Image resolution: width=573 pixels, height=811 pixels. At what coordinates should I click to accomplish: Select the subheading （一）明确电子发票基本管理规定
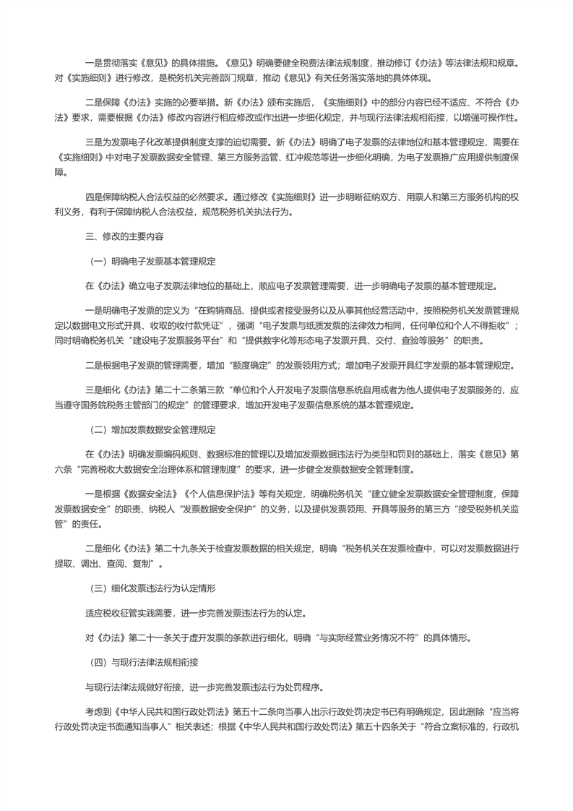coord(151,260)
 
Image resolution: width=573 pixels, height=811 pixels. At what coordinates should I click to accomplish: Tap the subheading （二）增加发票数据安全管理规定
coord(151,430)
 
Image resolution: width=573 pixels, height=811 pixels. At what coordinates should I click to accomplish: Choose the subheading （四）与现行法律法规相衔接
coord(147,661)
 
